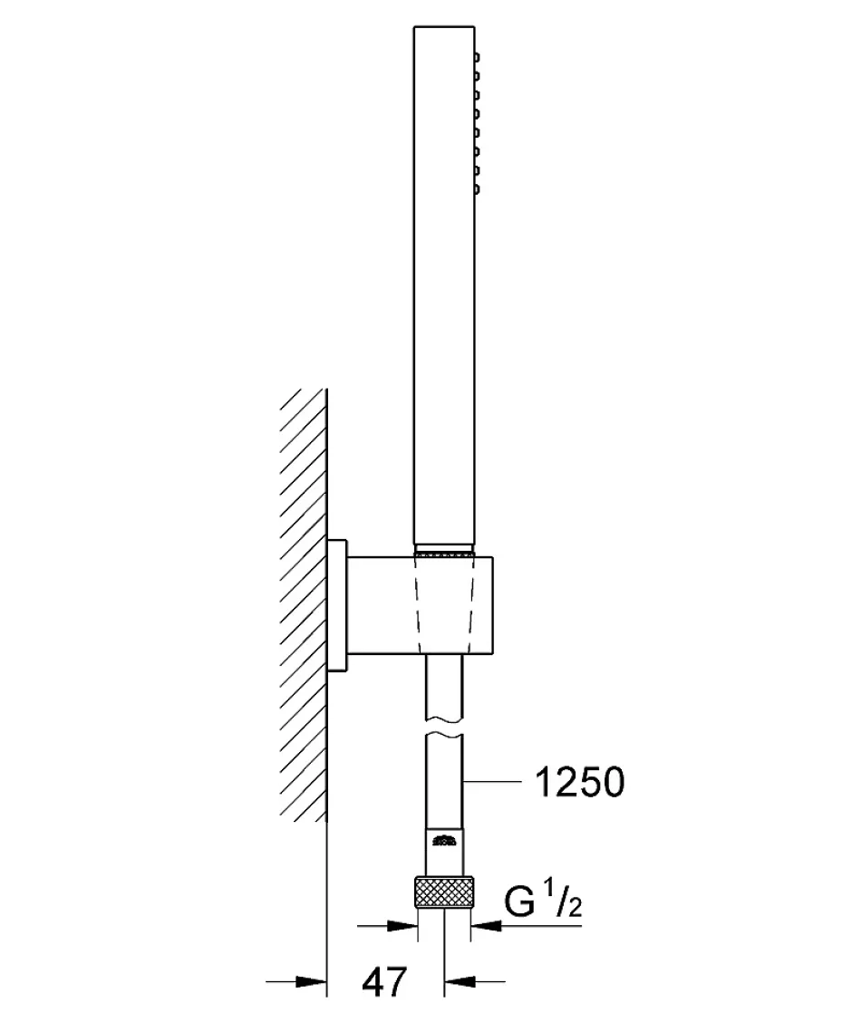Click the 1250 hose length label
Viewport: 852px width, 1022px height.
coord(579,782)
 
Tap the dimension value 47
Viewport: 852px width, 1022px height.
coord(384,981)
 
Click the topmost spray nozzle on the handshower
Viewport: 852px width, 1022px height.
coord(477,57)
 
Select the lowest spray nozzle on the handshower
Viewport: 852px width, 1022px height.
coord(477,189)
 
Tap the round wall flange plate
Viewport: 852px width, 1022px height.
coord(338,604)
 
